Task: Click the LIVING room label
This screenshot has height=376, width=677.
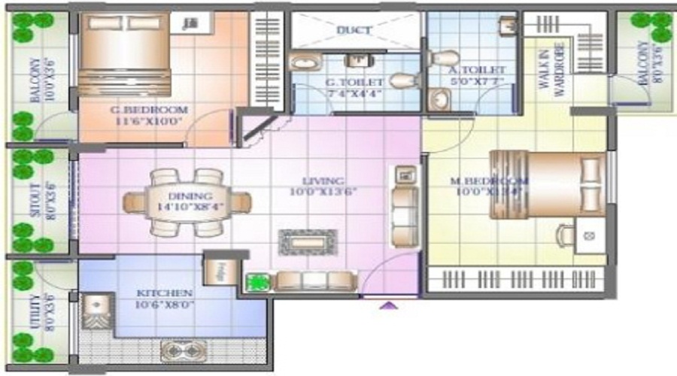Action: pyautogui.click(x=323, y=181)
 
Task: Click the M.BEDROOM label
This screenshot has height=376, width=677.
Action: pyautogui.click(x=488, y=181)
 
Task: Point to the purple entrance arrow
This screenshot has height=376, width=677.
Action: pyautogui.click(x=389, y=306)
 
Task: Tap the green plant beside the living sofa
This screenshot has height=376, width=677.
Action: pyautogui.click(x=258, y=282)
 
